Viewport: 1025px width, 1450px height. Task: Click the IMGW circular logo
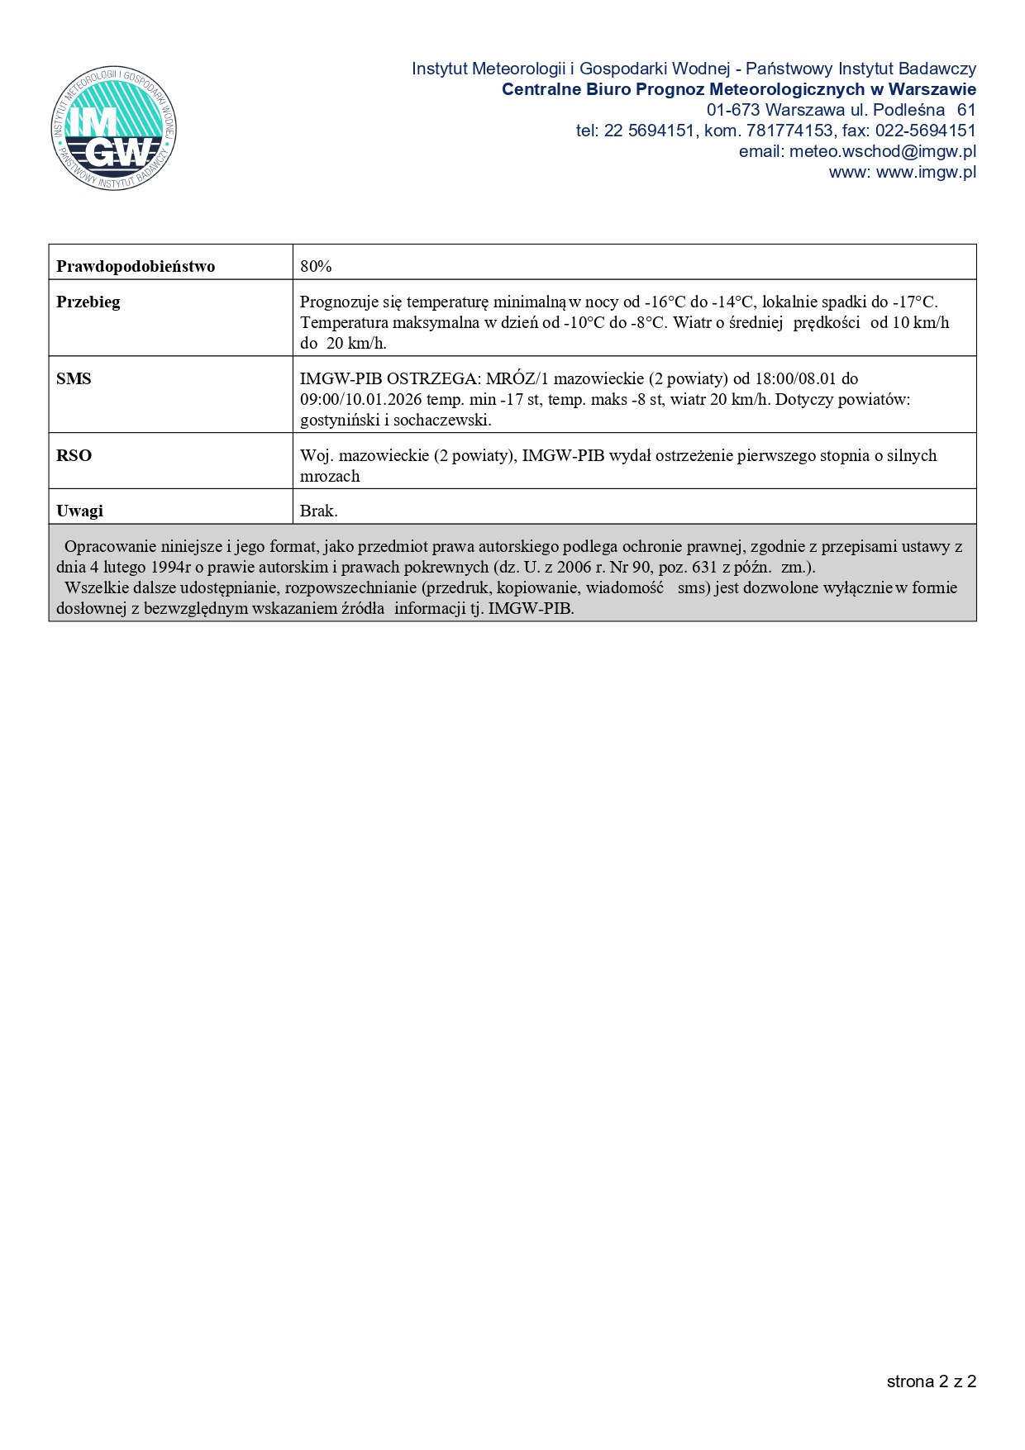point(113,128)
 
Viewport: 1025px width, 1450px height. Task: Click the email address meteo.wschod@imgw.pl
point(882,151)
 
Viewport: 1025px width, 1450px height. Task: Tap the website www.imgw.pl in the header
point(926,172)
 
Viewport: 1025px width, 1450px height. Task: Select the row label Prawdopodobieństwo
point(136,266)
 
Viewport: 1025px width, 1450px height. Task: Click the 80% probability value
point(316,266)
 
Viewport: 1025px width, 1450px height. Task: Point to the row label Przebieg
point(88,302)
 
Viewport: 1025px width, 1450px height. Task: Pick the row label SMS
point(74,378)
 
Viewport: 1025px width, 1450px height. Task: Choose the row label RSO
point(74,455)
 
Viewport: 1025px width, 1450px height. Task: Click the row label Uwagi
point(79,511)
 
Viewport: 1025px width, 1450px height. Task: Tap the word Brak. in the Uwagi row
point(319,511)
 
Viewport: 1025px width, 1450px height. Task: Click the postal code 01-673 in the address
point(732,110)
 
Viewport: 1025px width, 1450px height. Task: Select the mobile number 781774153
point(789,131)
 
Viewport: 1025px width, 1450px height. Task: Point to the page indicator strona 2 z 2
point(931,1381)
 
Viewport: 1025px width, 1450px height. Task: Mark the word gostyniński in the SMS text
point(337,420)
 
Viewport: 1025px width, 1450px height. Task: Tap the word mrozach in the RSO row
point(330,476)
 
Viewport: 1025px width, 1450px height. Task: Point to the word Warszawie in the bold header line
point(932,89)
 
